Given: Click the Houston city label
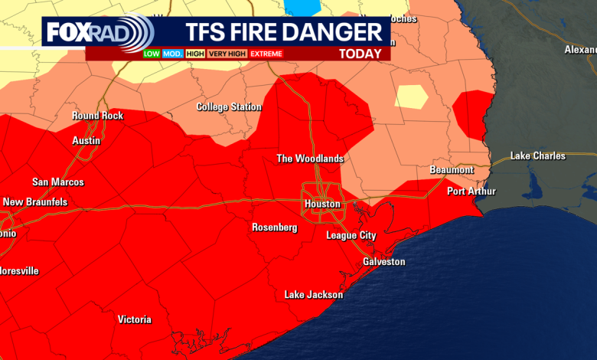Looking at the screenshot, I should (321, 205).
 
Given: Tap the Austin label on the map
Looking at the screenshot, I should (86, 142).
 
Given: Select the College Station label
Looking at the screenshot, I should (229, 107).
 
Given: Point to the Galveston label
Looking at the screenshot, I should (383, 262).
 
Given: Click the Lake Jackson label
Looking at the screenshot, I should (314, 295).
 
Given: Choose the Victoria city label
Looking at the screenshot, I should (134, 320).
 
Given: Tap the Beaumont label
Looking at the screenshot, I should (452, 170).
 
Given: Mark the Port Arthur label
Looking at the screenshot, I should (471, 191).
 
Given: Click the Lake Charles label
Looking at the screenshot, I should (538, 156).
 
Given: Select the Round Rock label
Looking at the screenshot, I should (97, 116).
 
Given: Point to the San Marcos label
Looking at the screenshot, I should (58, 182).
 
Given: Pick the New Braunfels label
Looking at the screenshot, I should (35, 202).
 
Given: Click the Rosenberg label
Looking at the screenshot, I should (274, 227).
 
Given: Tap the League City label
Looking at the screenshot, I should (351, 236).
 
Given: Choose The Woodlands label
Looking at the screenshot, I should (310, 159).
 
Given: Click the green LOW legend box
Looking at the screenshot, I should (152, 54).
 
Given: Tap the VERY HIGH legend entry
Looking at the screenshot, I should (227, 54).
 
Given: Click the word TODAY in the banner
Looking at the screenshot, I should (360, 54).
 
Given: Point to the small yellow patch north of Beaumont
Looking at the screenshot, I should (411, 97).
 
